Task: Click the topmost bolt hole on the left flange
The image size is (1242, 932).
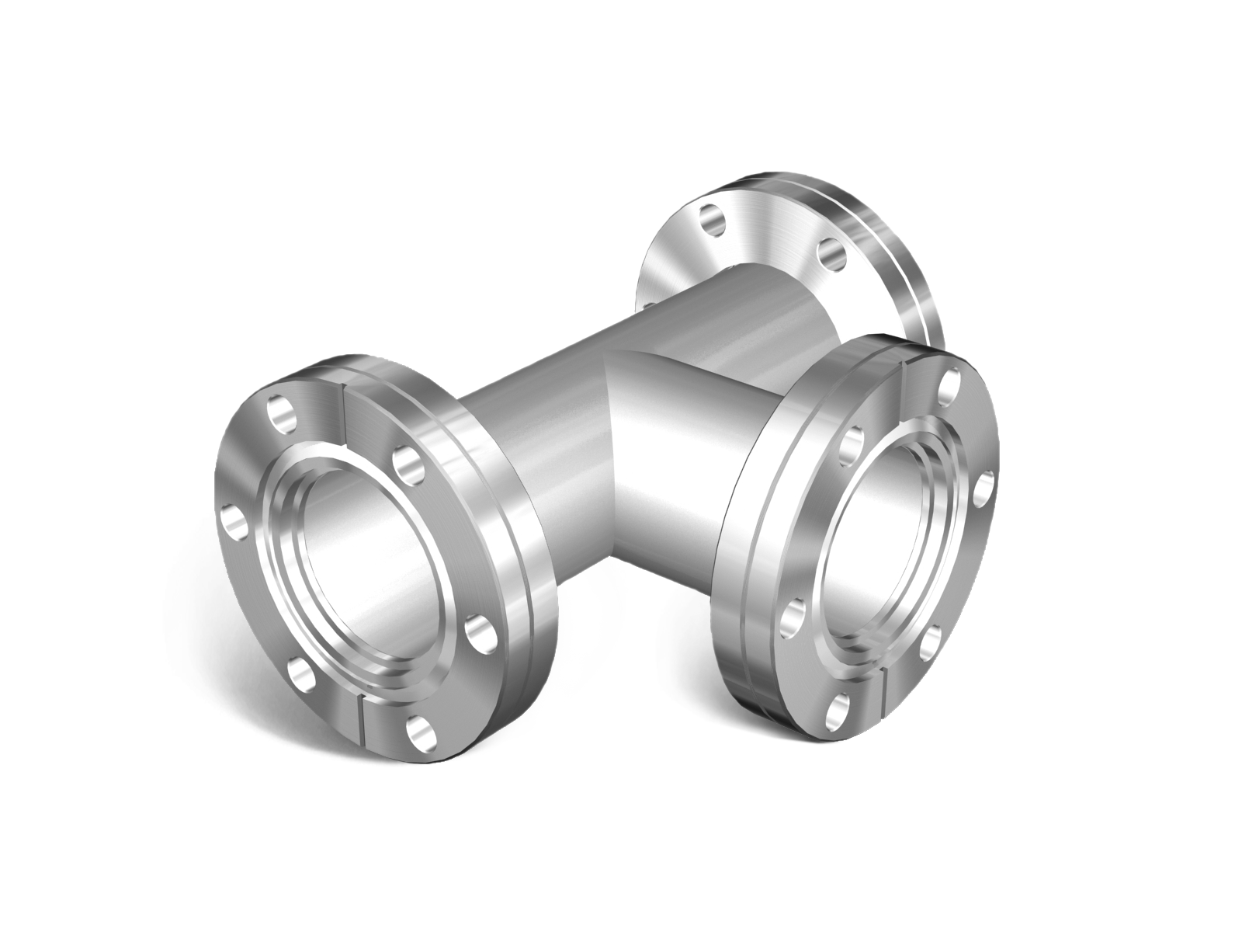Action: click(x=281, y=412)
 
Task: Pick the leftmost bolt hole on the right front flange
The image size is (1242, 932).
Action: click(x=792, y=614)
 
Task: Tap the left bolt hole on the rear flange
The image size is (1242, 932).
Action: click(x=711, y=219)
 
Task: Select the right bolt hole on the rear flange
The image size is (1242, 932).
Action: click(x=831, y=252)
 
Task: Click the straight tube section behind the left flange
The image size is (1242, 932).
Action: click(x=536, y=435)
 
